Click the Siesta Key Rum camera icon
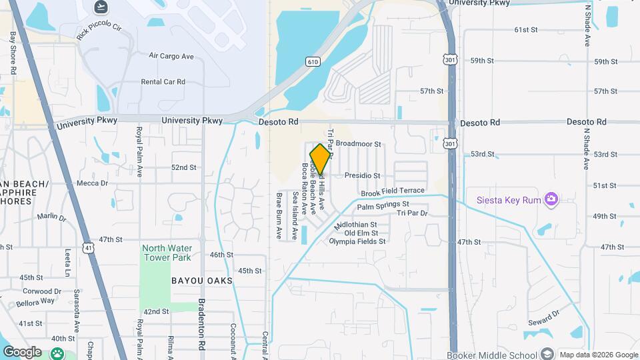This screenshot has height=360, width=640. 551,199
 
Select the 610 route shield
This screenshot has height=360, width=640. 313,61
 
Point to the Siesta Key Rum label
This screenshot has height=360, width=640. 510,199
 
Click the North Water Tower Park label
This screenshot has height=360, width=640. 166,253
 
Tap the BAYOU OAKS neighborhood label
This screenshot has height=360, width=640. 202,281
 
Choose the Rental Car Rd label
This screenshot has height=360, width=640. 163,82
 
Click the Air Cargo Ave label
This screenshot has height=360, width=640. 171,56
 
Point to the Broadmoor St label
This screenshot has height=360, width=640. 358,143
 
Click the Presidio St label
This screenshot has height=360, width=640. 362,176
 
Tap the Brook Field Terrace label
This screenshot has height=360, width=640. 393,192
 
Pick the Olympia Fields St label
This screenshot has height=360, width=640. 357,241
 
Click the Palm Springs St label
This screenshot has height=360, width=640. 383,205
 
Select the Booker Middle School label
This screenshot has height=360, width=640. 492,355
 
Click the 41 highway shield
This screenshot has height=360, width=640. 88,248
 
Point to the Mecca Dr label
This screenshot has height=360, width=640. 92,183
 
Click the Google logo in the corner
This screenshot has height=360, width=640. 21,352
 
